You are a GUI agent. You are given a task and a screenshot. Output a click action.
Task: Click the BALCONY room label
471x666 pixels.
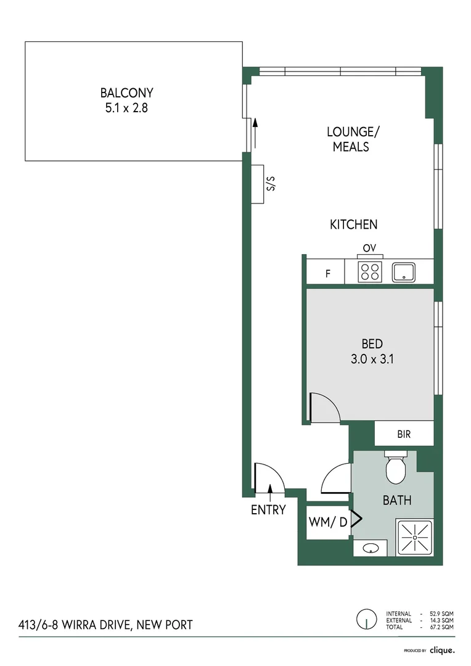[126, 93]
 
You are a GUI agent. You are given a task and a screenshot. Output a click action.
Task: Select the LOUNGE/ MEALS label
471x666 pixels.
[351, 139]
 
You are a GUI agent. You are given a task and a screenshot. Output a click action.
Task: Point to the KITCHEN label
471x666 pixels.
[353, 225]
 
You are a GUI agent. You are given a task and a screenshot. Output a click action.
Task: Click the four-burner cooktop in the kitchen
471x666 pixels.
[369, 272]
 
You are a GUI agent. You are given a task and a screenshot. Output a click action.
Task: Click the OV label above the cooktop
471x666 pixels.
[369, 248]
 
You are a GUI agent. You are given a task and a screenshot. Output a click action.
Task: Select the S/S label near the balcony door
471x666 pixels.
[267, 184]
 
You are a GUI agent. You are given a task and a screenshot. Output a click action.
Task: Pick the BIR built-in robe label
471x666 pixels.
[403, 435]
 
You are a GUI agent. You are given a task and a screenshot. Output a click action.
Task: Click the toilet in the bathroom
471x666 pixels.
[395, 469]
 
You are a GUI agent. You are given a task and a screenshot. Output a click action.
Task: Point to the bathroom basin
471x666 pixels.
[370, 548]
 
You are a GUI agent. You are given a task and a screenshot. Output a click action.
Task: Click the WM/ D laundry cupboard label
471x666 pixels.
[327, 522]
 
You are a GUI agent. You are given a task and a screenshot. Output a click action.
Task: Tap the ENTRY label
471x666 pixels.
[268, 510]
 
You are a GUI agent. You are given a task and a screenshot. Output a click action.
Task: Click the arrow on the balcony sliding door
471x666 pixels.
[255, 132]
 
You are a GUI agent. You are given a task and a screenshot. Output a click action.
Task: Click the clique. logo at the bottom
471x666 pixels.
[442, 650]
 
